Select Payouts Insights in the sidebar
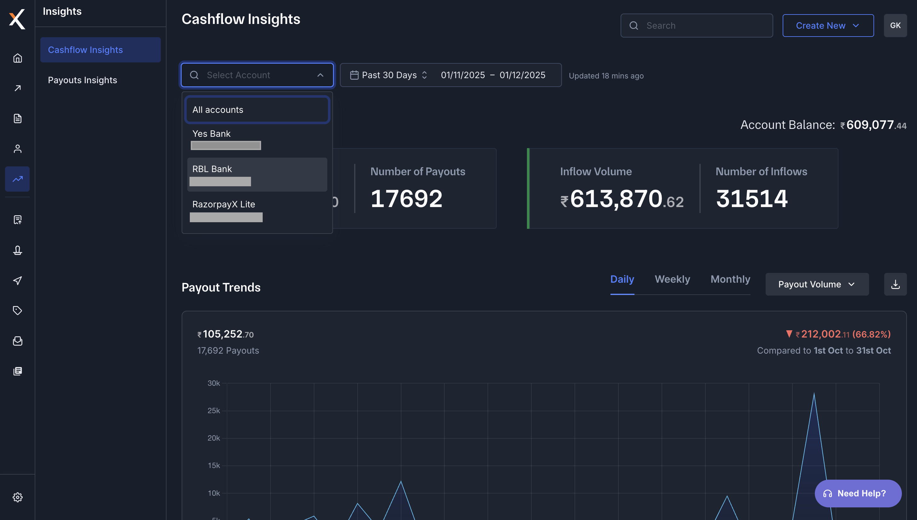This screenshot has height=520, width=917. click(x=83, y=80)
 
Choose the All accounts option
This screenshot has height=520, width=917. click(x=257, y=110)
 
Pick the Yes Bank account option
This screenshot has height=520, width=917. click(x=257, y=139)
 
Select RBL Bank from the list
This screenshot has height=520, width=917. click(x=257, y=174)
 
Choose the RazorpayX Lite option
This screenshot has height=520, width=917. click(x=257, y=210)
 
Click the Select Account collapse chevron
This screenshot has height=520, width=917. click(x=320, y=75)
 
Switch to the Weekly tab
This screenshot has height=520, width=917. click(x=672, y=279)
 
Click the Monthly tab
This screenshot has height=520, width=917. click(x=730, y=279)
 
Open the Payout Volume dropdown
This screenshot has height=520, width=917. click(x=817, y=284)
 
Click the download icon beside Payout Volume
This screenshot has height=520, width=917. click(x=895, y=284)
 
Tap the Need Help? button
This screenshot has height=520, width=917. click(x=858, y=493)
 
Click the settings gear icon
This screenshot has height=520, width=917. click(x=18, y=497)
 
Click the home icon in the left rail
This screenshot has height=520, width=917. click(x=18, y=58)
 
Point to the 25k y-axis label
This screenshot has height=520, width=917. click(x=214, y=411)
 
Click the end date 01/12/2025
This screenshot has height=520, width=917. click(x=522, y=75)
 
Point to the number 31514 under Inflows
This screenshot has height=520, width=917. click(x=751, y=199)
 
